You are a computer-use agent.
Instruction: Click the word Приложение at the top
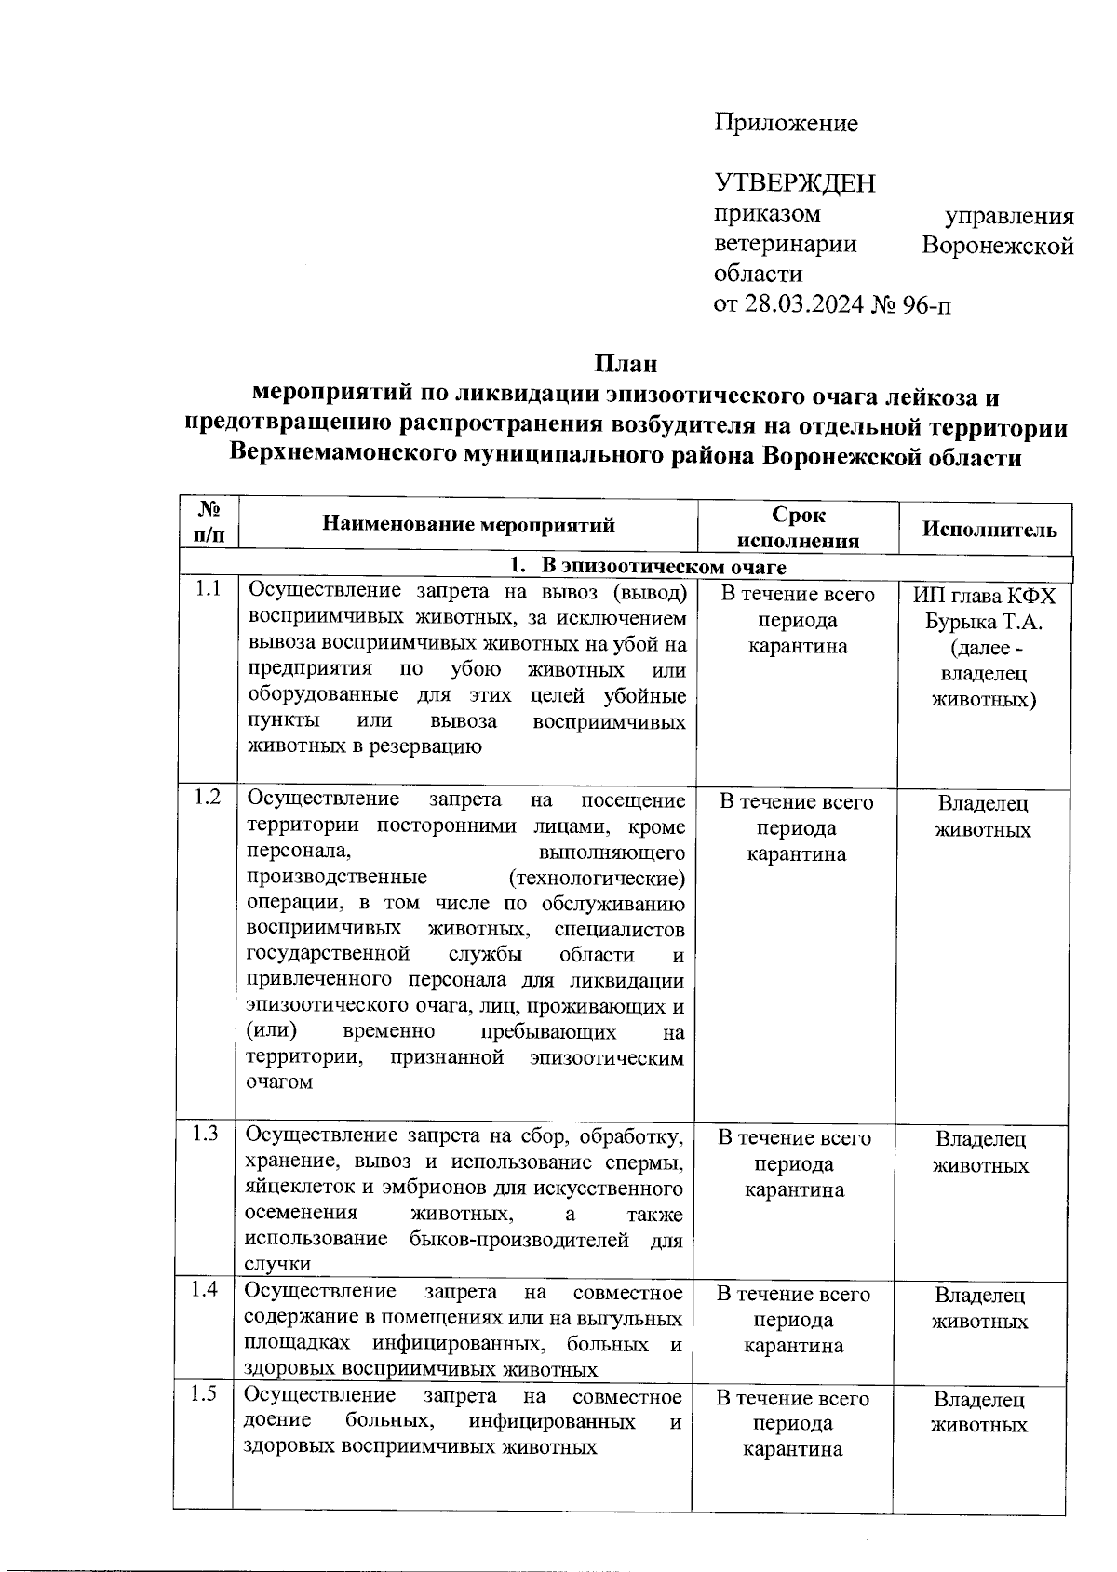click(786, 123)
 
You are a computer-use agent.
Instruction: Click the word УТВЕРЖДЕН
click(795, 182)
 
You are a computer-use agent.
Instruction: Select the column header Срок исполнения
click(798, 528)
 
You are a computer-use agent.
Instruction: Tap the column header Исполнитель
click(989, 529)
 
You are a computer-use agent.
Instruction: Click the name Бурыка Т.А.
click(983, 621)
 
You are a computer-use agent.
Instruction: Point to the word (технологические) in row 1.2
click(598, 878)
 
